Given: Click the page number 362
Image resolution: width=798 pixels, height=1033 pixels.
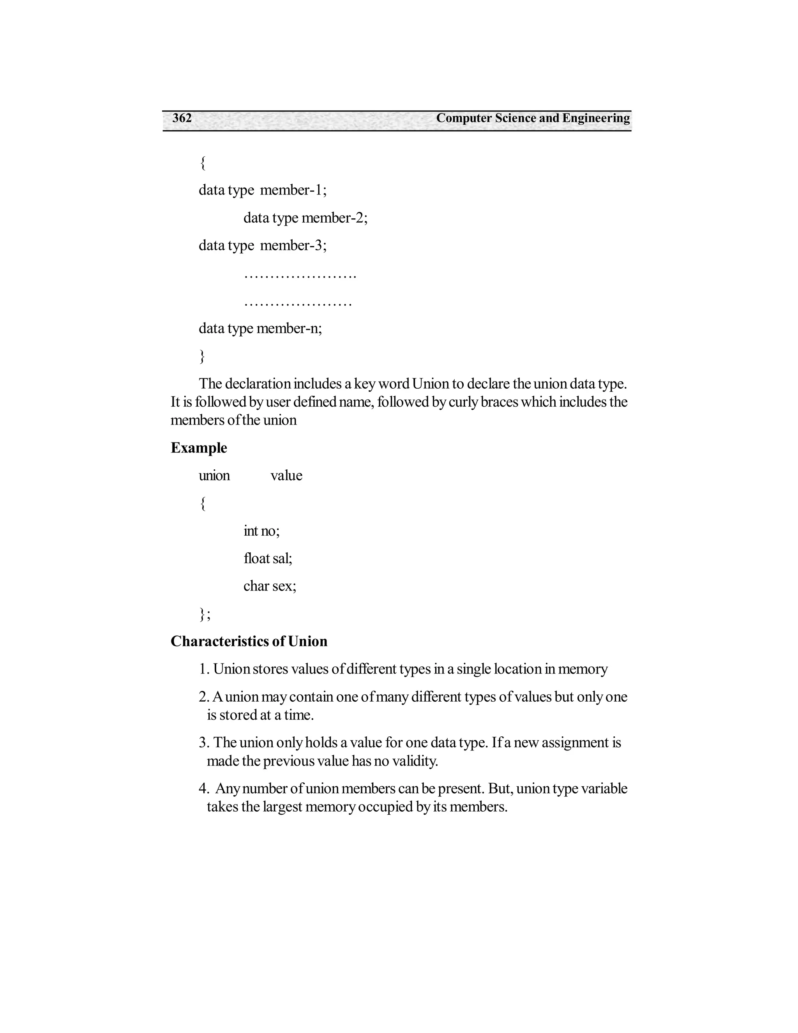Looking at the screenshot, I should [x=182, y=118].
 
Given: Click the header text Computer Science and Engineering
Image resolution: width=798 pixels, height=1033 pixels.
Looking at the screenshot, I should [x=533, y=118].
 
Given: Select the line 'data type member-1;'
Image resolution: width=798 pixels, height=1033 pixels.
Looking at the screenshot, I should [x=262, y=190].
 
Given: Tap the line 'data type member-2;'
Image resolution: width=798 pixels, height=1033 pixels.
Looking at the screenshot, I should [x=305, y=218].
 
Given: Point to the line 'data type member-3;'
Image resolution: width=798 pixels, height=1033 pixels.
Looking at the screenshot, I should [x=262, y=246].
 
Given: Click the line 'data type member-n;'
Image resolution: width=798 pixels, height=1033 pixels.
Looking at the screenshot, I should [x=260, y=328].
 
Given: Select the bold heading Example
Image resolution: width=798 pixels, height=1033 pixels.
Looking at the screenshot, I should [x=199, y=448].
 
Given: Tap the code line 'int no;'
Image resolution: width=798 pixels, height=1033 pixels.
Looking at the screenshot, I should [x=261, y=531].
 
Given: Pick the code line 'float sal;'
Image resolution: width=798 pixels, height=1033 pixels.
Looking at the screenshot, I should [x=268, y=559].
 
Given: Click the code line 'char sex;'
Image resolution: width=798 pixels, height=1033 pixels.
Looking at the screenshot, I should [x=270, y=587].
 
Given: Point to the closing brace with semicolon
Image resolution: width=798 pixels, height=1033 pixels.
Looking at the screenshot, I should [x=205, y=614].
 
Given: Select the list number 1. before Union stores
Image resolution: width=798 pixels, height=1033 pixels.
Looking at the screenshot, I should [x=204, y=669].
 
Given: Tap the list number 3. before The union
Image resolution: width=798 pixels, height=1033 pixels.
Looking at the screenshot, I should [x=204, y=743].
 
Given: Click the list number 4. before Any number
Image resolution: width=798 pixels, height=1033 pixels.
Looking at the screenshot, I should [x=204, y=789].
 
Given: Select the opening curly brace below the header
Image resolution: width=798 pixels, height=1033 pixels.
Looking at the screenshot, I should [x=203, y=163].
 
